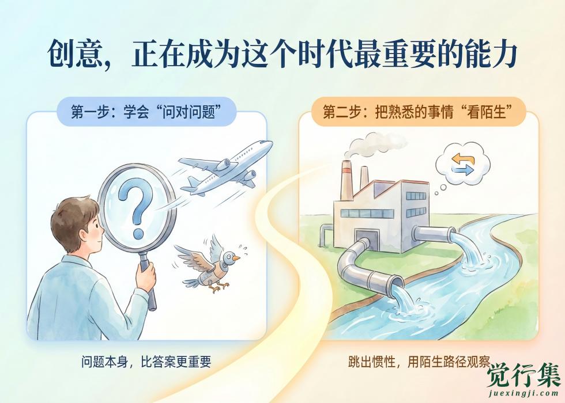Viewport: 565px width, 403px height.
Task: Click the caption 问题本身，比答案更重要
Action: click(146, 362)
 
